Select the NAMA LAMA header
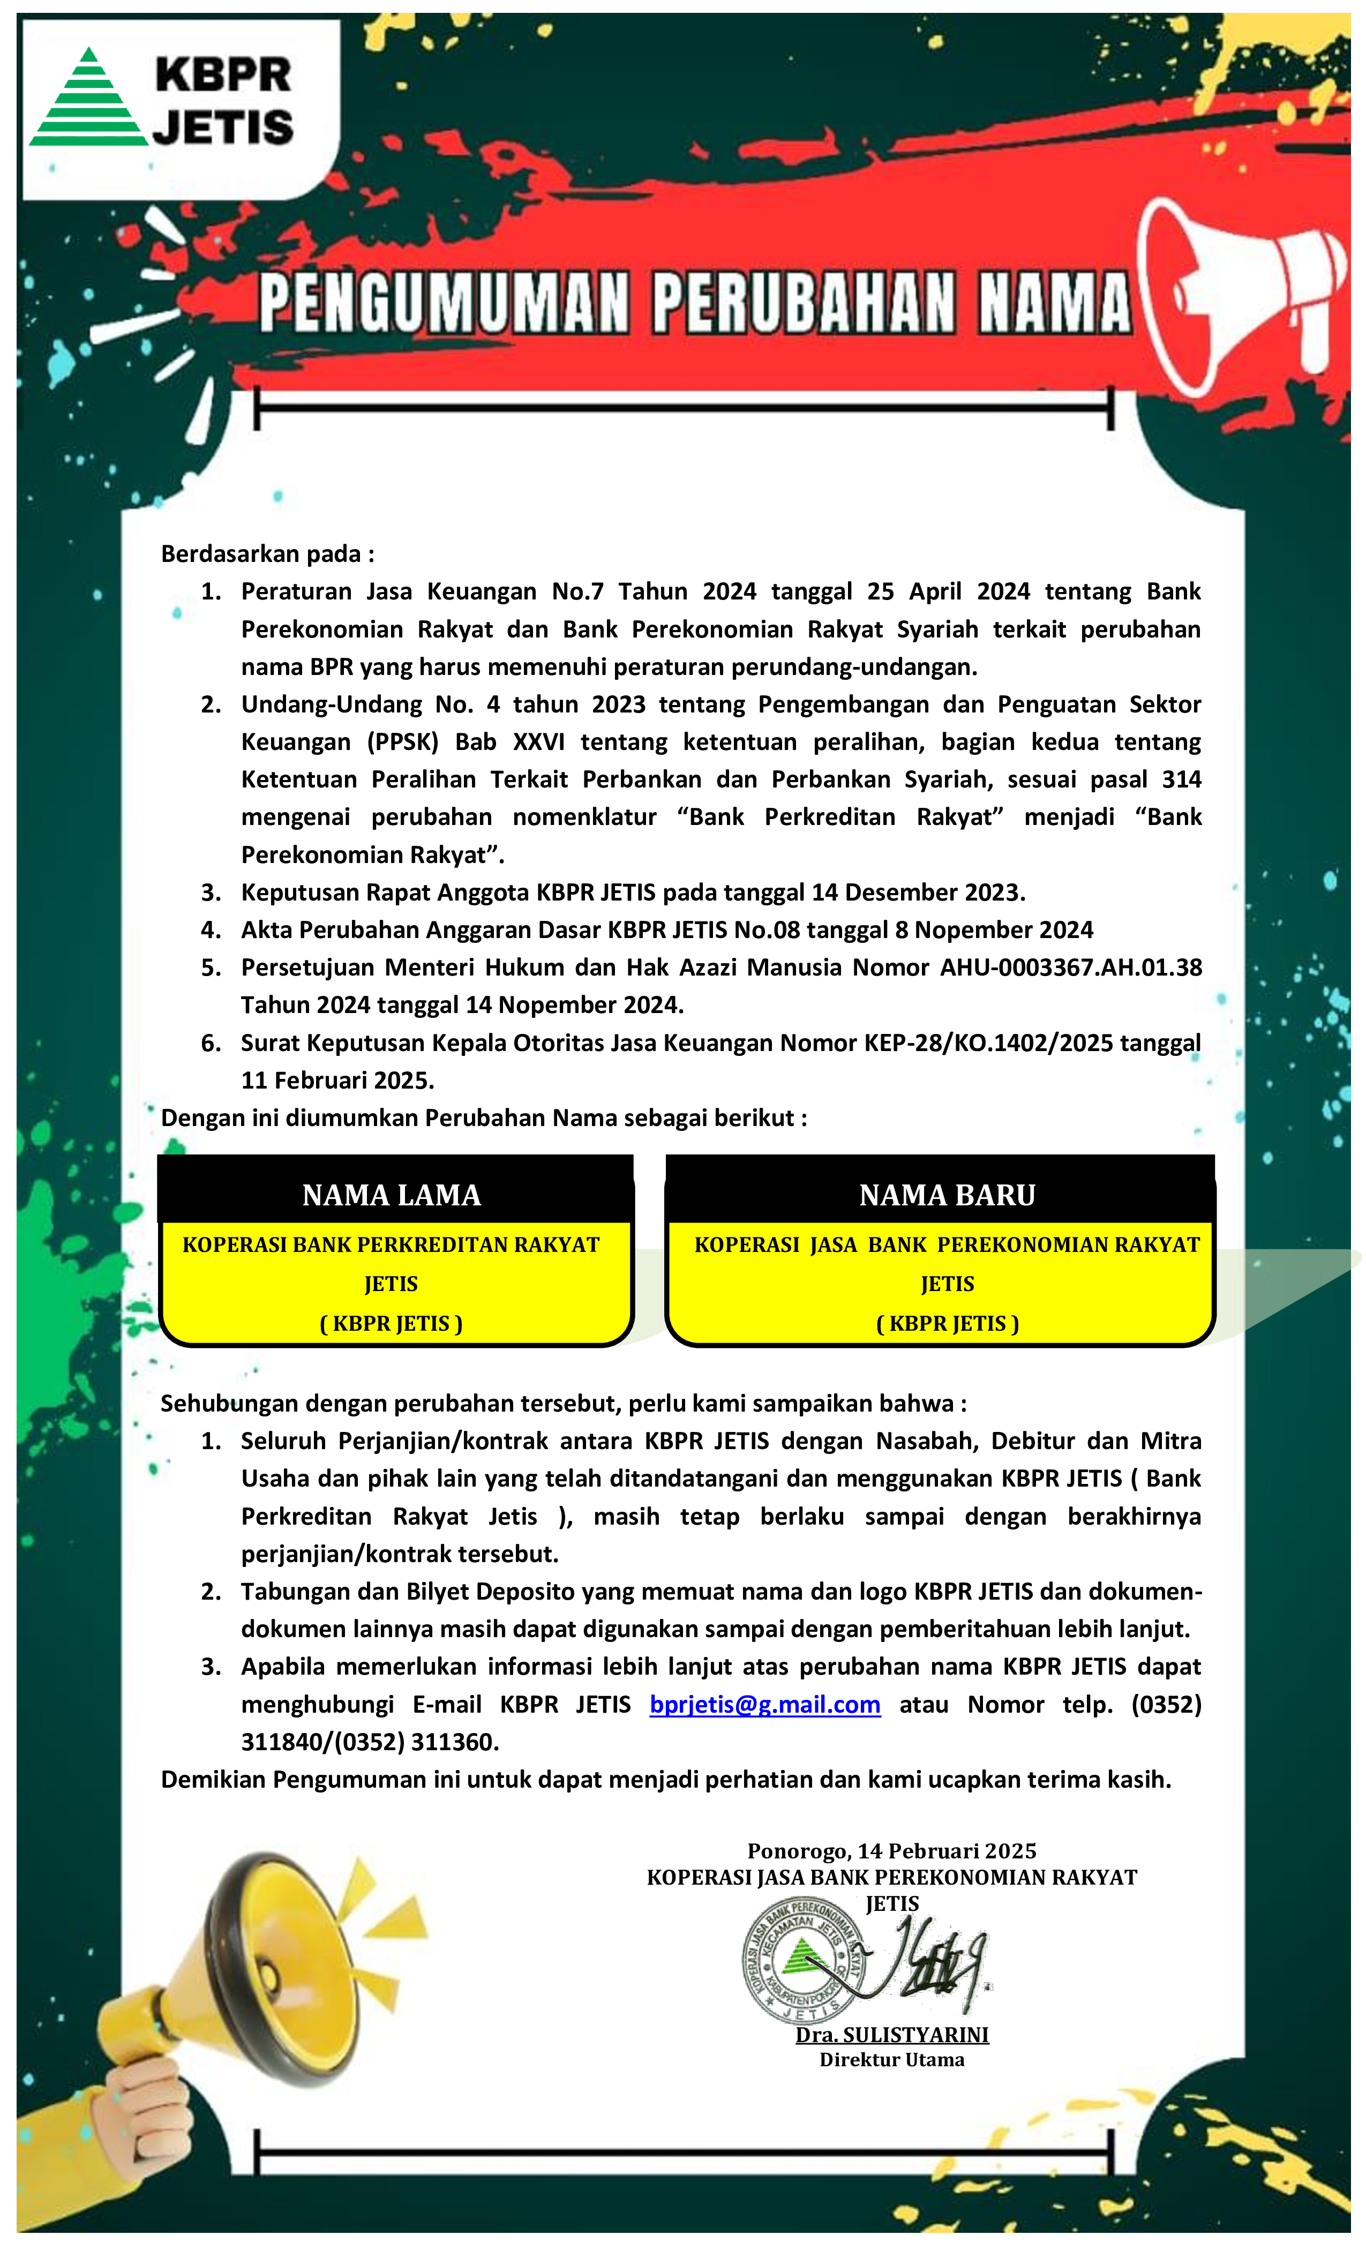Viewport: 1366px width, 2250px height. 392,1195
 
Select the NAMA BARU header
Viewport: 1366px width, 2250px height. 947,1195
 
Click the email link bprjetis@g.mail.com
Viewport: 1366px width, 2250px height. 764,1704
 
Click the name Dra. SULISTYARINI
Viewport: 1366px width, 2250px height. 892,2035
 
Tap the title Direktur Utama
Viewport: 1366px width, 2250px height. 892,2059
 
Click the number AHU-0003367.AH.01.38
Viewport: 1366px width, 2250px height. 1071,967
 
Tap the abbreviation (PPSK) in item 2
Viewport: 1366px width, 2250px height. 403,741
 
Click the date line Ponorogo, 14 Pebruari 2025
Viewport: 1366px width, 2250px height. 892,1851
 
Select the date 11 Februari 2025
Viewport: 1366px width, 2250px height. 337,1080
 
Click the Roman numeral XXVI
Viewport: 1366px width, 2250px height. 539,741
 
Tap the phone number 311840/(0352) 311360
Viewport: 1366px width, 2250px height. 370,1742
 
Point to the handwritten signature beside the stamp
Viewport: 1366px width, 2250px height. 932,1963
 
